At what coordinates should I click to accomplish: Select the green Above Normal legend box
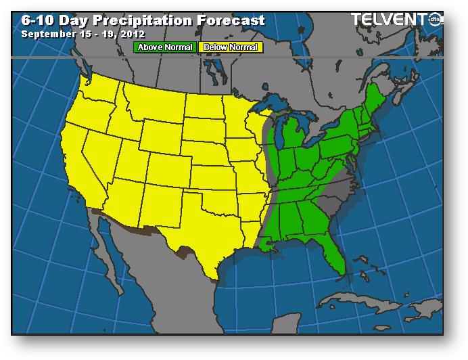166,47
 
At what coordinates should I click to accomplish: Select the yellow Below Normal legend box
230,47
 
